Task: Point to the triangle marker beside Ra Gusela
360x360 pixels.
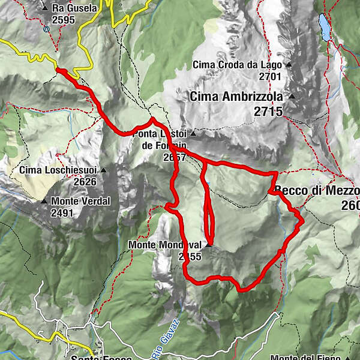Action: [x=45, y=8]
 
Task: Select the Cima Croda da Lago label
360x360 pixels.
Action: [x=238, y=65]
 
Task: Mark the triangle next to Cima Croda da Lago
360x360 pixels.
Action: [x=289, y=65]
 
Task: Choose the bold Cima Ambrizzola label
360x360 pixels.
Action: [x=238, y=96]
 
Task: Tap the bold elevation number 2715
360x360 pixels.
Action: [x=268, y=111]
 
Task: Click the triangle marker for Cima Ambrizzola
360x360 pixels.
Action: [x=292, y=96]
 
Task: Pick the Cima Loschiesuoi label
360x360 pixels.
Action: [x=58, y=170]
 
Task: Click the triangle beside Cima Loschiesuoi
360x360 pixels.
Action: [x=103, y=170]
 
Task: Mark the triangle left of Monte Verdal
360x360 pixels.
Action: [x=43, y=201]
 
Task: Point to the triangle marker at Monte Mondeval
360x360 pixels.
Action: [x=208, y=245]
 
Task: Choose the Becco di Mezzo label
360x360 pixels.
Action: [x=318, y=191]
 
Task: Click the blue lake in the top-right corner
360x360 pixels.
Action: [x=325, y=27]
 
